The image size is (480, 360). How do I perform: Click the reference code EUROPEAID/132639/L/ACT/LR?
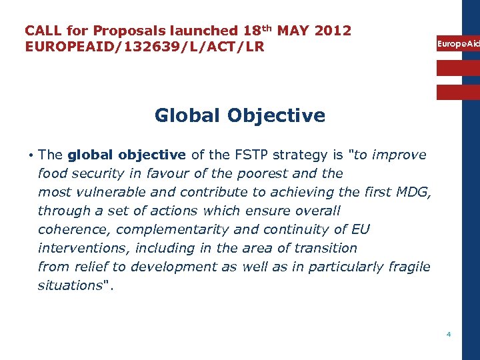coord(145,47)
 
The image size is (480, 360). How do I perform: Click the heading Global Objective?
coord(240,115)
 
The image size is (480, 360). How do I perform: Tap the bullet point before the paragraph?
coord(31,155)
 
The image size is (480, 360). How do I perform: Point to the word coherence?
coord(70,229)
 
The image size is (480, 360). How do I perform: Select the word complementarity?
coord(163,229)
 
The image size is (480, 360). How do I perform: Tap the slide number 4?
coord(449,334)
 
